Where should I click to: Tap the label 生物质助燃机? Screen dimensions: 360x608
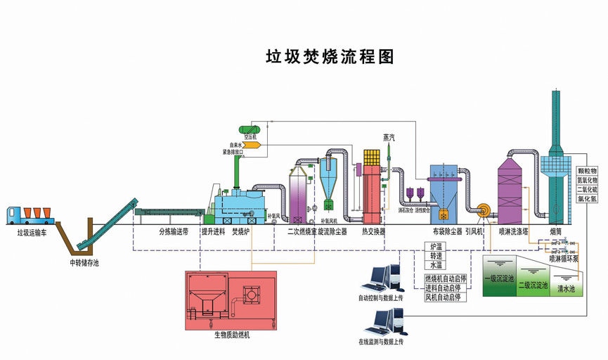coord(232,335)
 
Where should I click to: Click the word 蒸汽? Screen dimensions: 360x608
coord(390,137)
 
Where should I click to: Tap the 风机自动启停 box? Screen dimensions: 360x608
coord(443,297)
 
